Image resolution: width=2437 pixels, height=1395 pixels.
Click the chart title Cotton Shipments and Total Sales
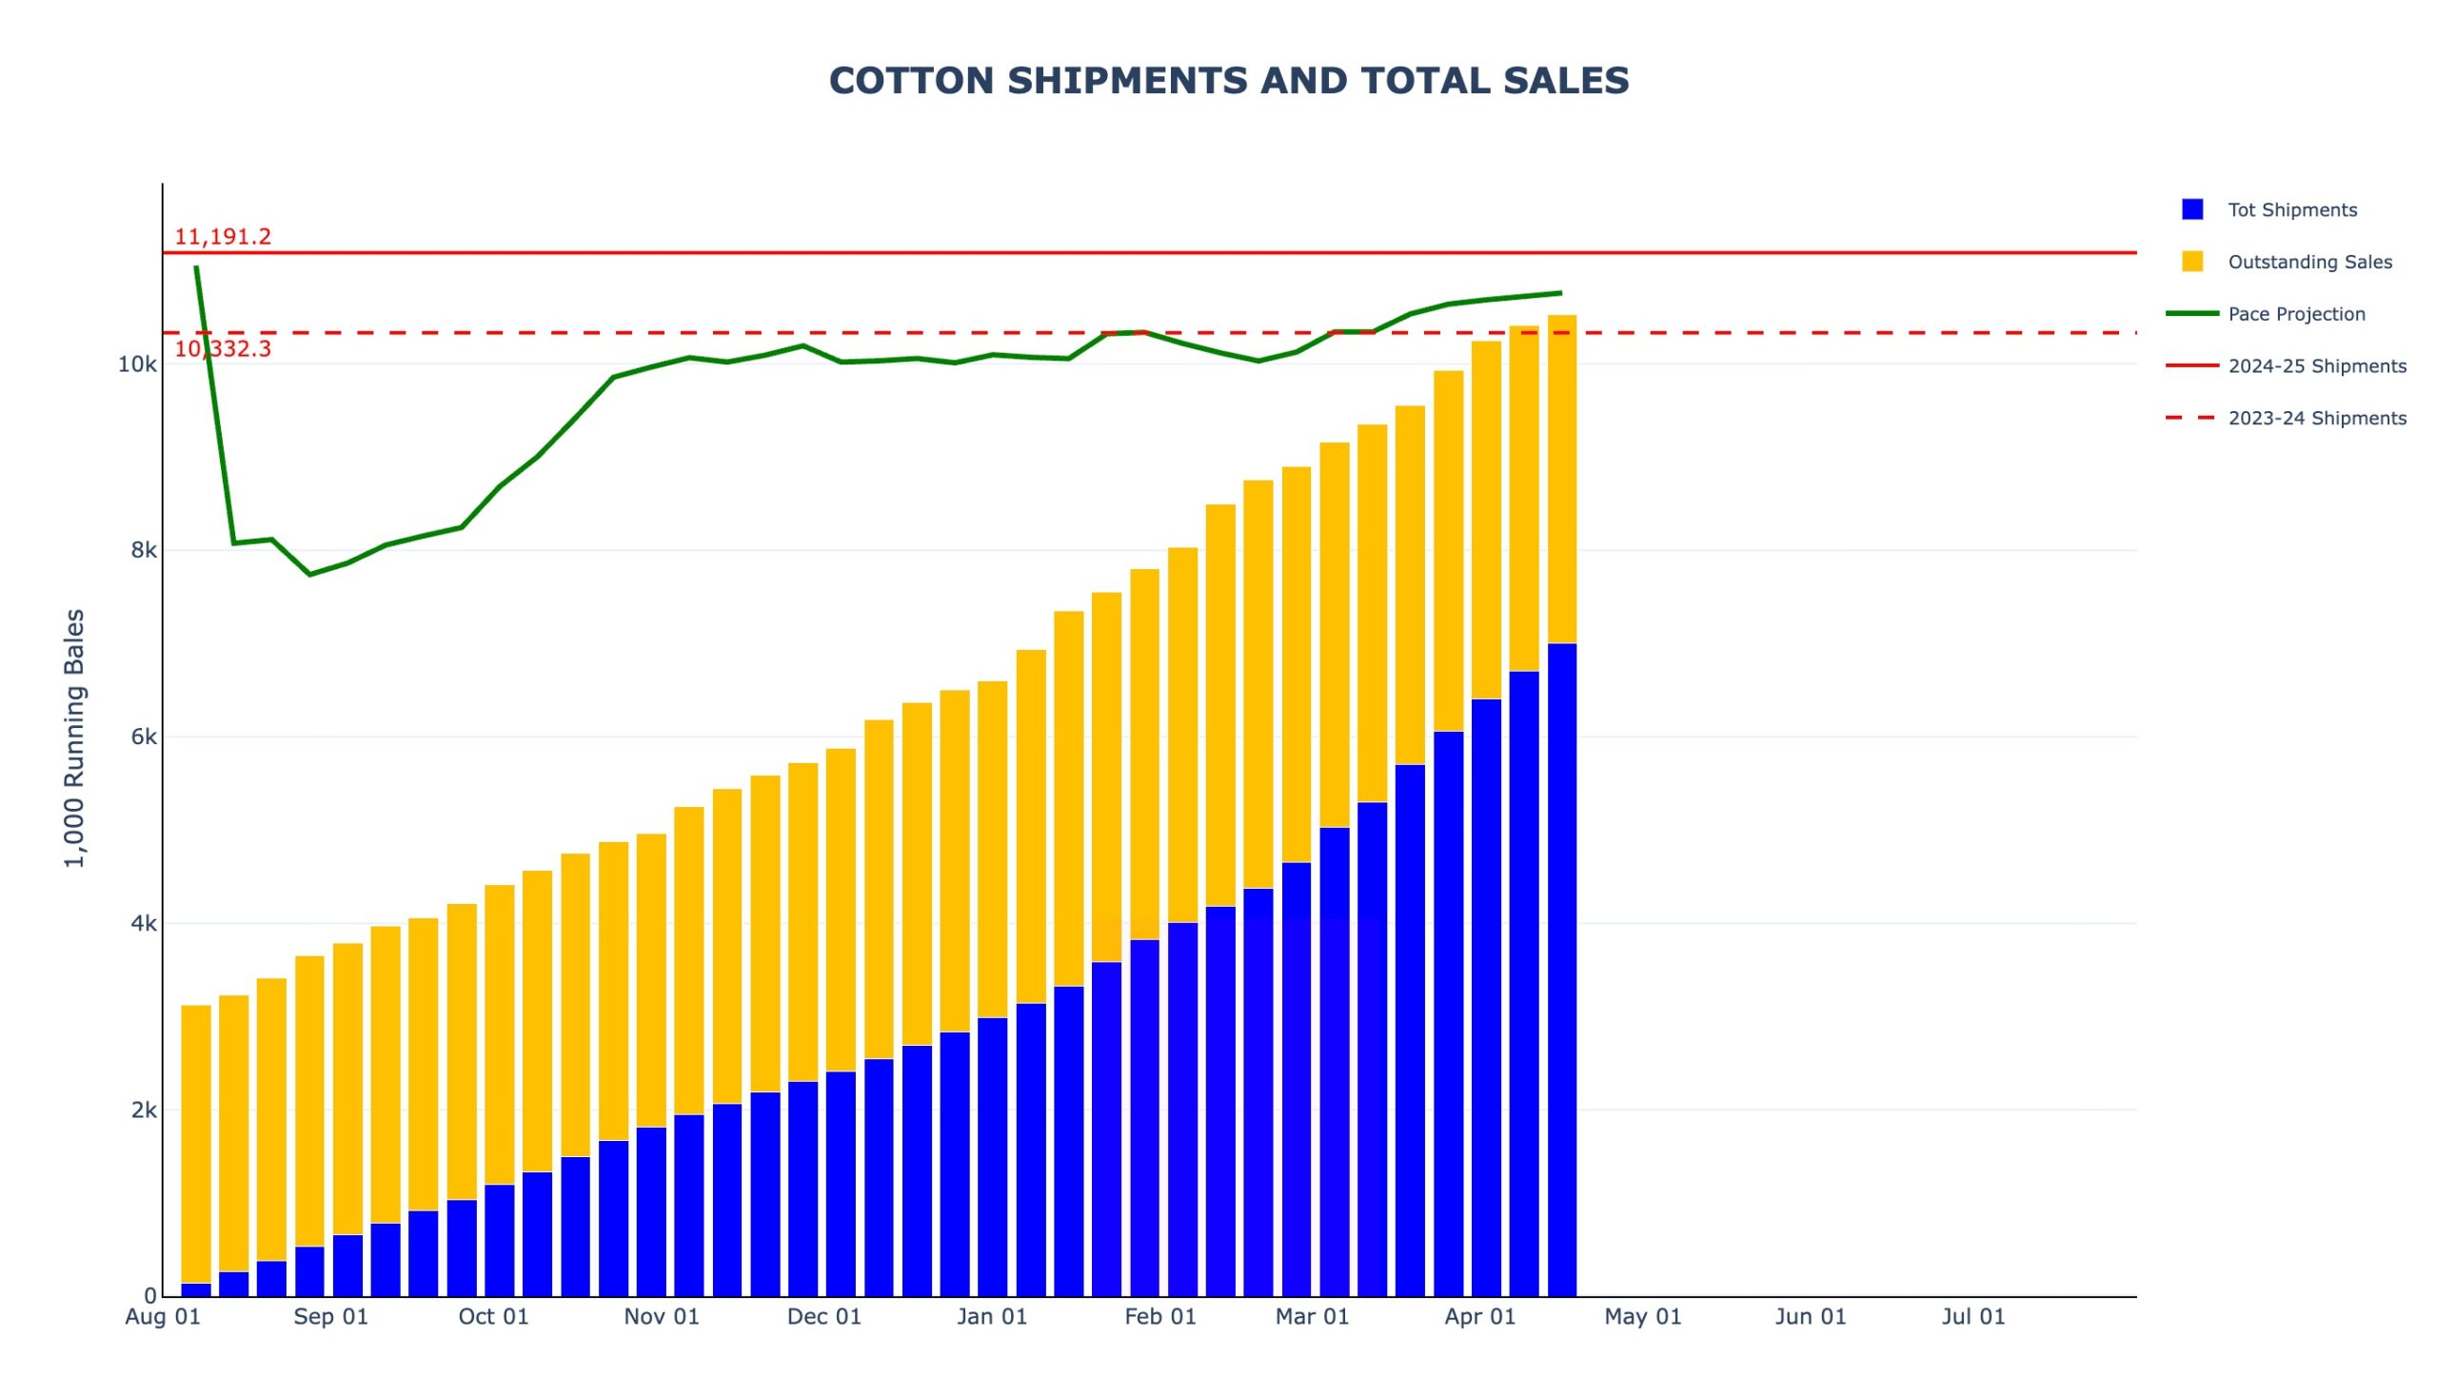coord(1228,82)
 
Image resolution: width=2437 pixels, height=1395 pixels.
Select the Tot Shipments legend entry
coord(2290,210)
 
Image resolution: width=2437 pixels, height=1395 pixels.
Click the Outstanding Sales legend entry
coord(2308,262)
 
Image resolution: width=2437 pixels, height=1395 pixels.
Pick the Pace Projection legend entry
coord(2295,314)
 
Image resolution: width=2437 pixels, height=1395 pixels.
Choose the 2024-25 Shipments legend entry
coord(2315,366)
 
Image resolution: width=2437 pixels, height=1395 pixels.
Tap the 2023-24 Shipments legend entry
coord(2315,418)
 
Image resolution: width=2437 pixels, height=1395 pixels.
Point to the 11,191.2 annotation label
coord(223,237)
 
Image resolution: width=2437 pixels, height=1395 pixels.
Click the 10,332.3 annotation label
coord(223,348)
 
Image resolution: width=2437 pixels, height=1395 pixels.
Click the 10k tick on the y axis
coord(137,365)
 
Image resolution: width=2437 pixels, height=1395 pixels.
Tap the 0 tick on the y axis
coord(150,1296)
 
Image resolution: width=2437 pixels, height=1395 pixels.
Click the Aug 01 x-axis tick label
coord(163,1316)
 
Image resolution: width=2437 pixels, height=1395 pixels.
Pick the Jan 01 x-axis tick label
coord(992,1316)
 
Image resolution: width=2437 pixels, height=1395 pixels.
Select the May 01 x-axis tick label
coord(1642,1316)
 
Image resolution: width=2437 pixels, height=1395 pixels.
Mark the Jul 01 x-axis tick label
coord(1973,1316)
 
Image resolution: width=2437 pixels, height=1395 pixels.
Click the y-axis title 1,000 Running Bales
coord(75,737)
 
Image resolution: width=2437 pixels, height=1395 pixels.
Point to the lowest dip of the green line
coord(309,574)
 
